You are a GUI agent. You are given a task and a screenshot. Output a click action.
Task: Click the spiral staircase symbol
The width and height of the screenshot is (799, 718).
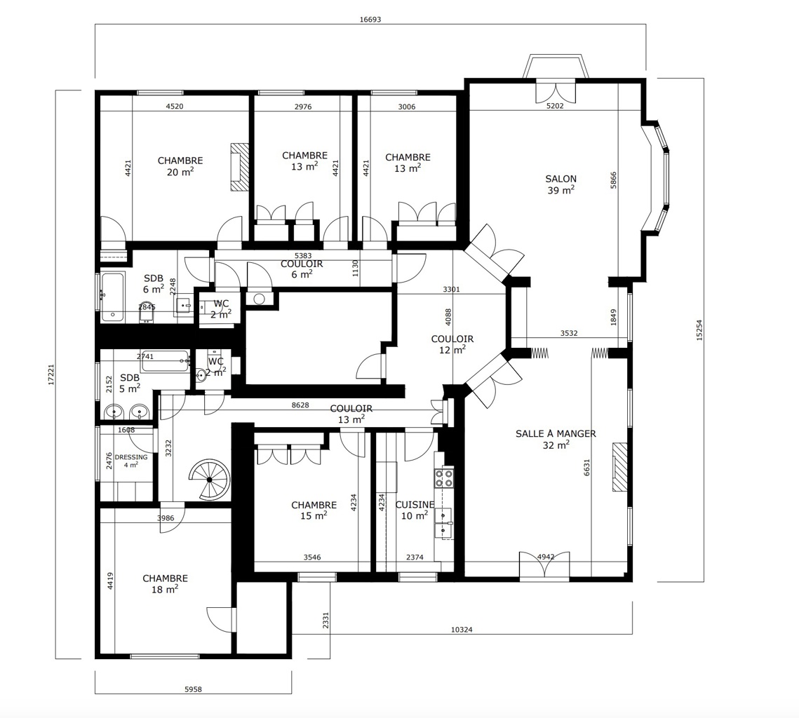pyautogui.click(x=210, y=479)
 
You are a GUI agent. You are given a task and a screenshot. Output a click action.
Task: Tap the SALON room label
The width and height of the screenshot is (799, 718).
pyautogui.click(x=560, y=179)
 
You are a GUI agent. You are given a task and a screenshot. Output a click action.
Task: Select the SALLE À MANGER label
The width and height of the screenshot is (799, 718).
pyautogui.click(x=556, y=433)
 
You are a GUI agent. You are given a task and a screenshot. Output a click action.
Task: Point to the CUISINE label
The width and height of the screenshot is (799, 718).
pyautogui.click(x=415, y=505)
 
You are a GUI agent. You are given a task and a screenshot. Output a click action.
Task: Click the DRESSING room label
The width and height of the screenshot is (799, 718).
pyautogui.click(x=131, y=456)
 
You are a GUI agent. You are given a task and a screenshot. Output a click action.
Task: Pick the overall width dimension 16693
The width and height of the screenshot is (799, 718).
pyautogui.click(x=370, y=20)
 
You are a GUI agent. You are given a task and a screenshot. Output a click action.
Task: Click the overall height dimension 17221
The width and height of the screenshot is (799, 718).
pyautogui.click(x=51, y=374)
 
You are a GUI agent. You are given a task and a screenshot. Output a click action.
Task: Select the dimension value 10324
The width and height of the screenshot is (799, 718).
pyautogui.click(x=462, y=630)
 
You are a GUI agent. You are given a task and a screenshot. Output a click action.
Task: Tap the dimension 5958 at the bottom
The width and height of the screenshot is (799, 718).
pyautogui.click(x=193, y=689)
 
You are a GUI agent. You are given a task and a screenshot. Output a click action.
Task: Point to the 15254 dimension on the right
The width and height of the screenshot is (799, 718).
pyautogui.click(x=699, y=330)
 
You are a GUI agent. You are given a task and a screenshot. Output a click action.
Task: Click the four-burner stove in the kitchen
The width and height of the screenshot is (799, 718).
pyautogui.click(x=444, y=478)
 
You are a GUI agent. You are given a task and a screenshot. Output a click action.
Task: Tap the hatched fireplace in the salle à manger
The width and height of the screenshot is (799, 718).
pyautogui.click(x=620, y=467)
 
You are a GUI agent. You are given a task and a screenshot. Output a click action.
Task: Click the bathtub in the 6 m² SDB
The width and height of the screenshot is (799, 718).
pyautogui.click(x=112, y=297)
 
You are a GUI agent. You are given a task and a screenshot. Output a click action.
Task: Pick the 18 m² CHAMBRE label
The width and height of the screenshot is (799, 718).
pyautogui.click(x=165, y=584)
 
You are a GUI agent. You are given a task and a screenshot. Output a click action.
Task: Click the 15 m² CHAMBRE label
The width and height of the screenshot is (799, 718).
pyautogui.click(x=314, y=510)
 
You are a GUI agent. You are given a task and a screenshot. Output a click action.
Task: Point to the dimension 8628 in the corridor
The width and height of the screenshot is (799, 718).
pyautogui.click(x=300, y=405)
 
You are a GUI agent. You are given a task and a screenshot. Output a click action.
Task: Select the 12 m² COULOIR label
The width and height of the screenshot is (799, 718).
pyautogui.click(x=452, y=344)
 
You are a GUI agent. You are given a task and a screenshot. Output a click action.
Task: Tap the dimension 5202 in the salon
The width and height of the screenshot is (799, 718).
pyautogui.click(x=555, y=106)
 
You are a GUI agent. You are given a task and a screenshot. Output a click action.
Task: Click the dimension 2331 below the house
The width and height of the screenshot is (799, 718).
pyautogui.click(x=326, y=621)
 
